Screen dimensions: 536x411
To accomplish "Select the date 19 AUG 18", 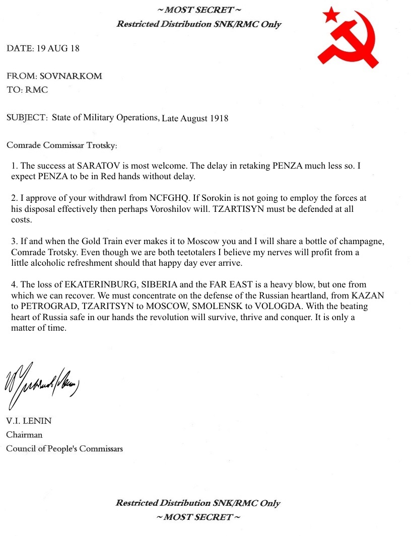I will pyautogui.click(x=58, y=49).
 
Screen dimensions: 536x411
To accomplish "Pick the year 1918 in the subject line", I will pyautogui.click(x=219, y=118).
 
